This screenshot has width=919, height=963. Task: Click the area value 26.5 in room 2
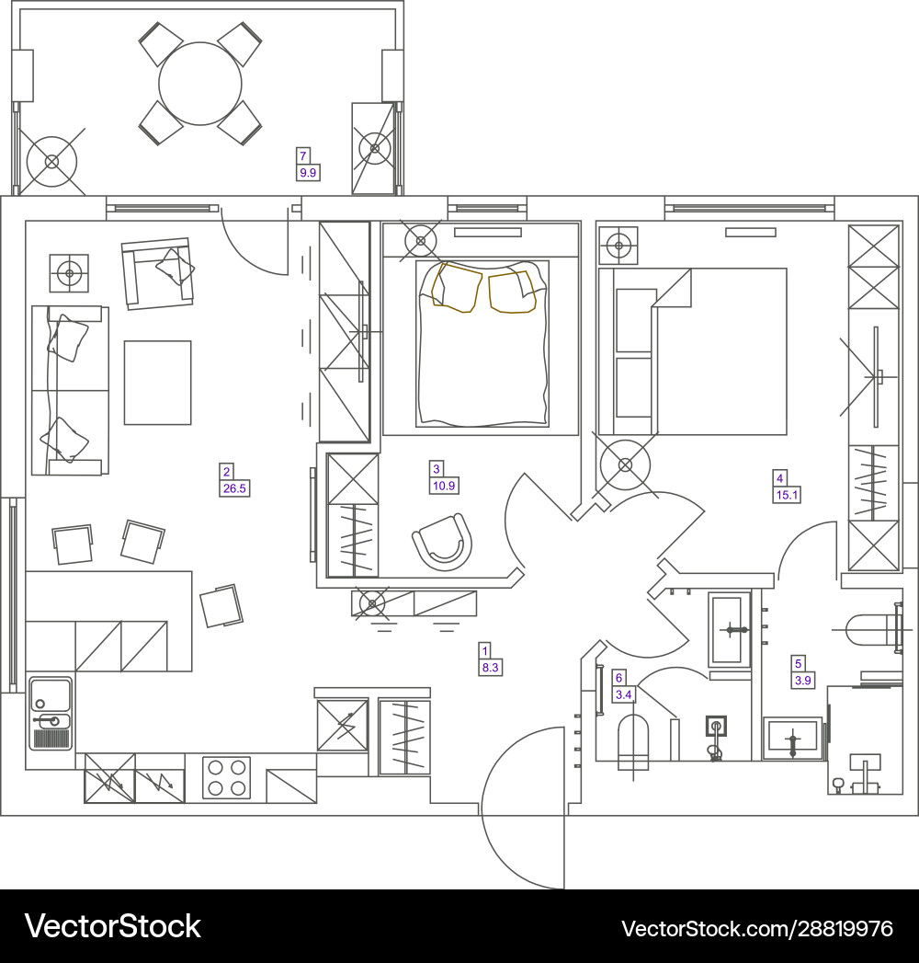(x=234, y=488)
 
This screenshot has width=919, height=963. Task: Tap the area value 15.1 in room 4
(x=788, y=495)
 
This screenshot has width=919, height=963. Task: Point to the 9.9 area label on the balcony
(x=307, y=172)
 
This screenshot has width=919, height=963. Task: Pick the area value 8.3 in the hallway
(x=491, y=668)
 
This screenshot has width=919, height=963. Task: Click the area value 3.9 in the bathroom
(x=802, y=681)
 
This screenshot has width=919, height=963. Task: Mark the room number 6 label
(x=618, y=676)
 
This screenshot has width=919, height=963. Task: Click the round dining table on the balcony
(x=199, y=84)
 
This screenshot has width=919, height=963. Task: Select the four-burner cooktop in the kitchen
(x=227, y=777)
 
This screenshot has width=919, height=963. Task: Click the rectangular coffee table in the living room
(x=157, y=382)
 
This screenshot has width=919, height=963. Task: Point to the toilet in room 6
(x=633, y=741)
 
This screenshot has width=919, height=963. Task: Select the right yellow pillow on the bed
(x=512, y=292)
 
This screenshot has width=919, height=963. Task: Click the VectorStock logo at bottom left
(x=112, y=926)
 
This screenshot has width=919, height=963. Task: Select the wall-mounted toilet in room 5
(x=868, y=632)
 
